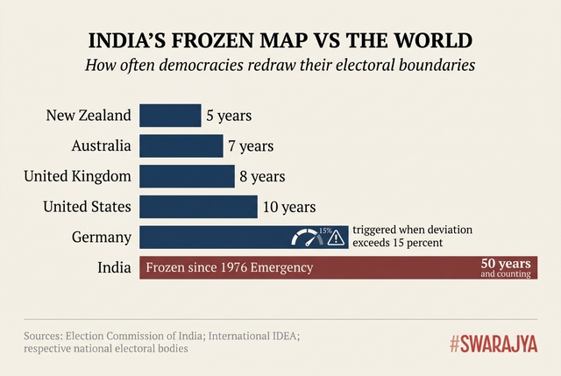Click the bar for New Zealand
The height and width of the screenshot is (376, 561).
point(170,116)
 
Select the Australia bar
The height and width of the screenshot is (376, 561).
point(181,146)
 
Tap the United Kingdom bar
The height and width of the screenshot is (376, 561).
point(187,176)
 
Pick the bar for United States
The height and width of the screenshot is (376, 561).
point(198,207)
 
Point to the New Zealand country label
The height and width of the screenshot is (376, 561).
point(90,116)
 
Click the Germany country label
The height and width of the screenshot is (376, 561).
point(104,237)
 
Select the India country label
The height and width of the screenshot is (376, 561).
point(115,266)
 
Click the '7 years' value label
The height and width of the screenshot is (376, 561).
point(250,146)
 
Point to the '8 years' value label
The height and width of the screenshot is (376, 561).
point(261,176)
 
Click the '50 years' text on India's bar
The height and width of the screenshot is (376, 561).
point(506,262)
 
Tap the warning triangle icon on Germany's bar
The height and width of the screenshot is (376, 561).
point(336,237)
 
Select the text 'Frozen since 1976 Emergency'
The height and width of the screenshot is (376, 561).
point(229,267)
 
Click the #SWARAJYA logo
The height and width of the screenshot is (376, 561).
point(494,344)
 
